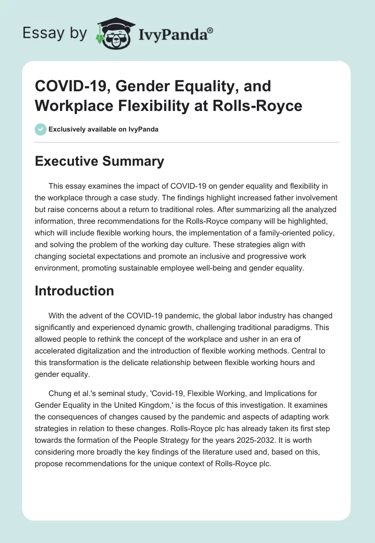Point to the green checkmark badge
[x=41, y=129]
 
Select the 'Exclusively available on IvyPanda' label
[x=103, y=129]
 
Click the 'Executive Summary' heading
[x=99, y=161]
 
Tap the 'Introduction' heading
[x=75, y=291]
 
